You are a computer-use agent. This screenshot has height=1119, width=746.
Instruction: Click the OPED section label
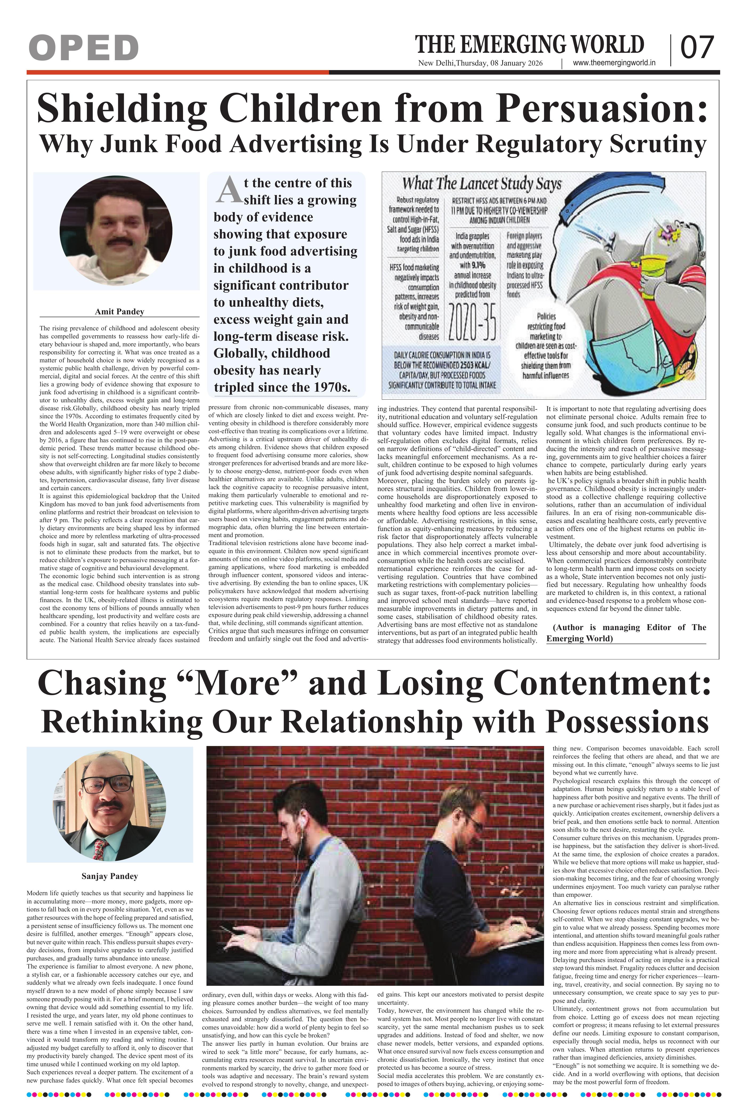pos(83,48)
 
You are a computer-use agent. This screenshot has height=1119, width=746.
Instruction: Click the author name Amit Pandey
pos(119,312)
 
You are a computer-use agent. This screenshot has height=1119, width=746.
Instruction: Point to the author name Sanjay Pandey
pos(110,876)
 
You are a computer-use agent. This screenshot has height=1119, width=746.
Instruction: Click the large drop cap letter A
pos(226,189)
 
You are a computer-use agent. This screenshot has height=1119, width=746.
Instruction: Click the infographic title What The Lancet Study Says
pos(481,184)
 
